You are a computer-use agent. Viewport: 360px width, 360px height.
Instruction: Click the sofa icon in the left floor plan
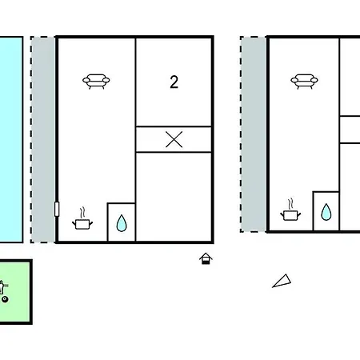[x=96, y=81]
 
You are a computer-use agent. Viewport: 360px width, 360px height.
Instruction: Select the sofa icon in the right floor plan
[x=304, y=81]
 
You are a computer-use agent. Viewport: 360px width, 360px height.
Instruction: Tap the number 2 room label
[x=174, y=82]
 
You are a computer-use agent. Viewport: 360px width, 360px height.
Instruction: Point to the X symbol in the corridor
[x=174, y=139]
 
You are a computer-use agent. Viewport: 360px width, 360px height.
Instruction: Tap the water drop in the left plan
[x=122, y=223]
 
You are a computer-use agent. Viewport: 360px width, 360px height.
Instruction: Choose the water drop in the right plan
[x=326, y=212]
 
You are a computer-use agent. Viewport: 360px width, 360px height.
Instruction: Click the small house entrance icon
[x=206, y=258]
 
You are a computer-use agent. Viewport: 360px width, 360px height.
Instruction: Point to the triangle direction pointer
[x=282, y=282]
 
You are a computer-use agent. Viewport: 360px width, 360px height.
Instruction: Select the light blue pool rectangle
[x=11, y=139]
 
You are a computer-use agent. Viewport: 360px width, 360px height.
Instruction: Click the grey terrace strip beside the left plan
[x=42, y=139]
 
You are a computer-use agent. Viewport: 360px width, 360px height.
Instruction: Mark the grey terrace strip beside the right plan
[x=254, y=134]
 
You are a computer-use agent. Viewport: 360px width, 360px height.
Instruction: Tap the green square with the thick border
[x=15, y=292]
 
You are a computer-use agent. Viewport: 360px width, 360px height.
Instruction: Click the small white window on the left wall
[x=57, y=209]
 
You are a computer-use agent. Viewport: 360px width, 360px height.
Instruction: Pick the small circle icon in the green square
[x=5, y=299]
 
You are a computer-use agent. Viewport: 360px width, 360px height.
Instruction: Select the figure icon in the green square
[x=3, y=287]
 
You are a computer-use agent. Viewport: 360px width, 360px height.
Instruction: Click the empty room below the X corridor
[x=174, y=197]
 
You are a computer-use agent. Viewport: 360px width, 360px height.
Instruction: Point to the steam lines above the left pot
[x=82, y=212]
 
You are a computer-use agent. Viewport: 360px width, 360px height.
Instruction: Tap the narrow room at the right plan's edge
[x=350, y=130]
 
